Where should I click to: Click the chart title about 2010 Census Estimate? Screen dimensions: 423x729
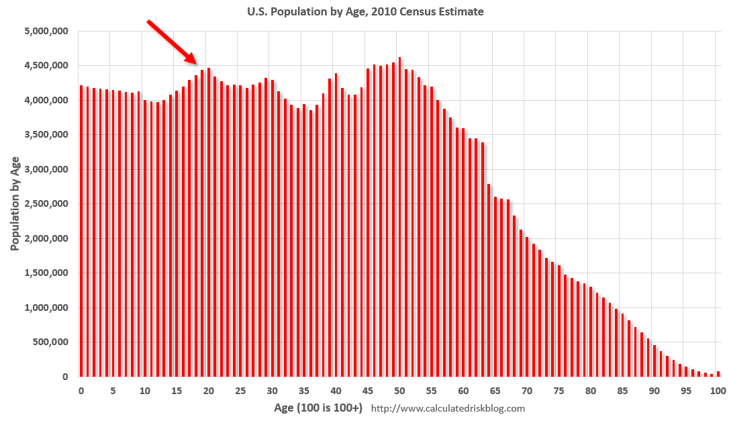point(364,11)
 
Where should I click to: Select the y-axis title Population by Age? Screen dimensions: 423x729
point(15,203)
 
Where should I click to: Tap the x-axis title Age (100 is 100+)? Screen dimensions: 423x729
point(318,408)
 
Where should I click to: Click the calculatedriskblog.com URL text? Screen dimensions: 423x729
point(448,408)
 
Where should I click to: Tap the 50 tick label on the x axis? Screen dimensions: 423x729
point(399,391)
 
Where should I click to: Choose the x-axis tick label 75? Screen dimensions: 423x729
point(558,391)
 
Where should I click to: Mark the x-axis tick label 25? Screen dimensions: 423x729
point(240,391)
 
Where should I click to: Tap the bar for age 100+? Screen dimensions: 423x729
point(718,374)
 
